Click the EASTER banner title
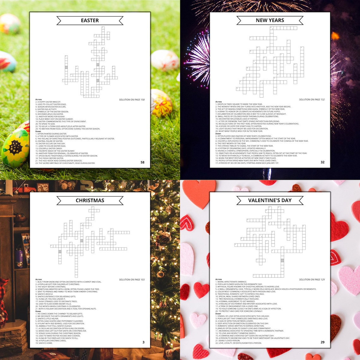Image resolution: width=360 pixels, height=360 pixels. point(90,21)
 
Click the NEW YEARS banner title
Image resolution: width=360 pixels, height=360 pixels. point(270,20)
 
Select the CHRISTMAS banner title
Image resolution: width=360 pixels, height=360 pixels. point(90,201)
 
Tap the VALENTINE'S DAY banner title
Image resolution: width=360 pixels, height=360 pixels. point(270,201)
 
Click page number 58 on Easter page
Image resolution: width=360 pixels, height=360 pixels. point(142,162)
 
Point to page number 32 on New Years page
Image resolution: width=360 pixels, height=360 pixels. point(322,162)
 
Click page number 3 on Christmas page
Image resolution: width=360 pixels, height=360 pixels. point(143,342)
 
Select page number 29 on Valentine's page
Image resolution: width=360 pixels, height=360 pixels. point(322,342)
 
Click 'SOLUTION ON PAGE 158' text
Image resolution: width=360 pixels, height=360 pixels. point(132,100)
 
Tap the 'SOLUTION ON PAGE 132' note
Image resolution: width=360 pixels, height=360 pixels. point(312,100)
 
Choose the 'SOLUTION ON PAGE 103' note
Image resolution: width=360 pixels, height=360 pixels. point(132,280)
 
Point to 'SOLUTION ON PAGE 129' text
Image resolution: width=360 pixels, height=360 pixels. point(312,280)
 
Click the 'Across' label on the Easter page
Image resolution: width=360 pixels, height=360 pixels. point(39,99)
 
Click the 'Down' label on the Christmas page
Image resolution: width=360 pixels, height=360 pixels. point(38,311)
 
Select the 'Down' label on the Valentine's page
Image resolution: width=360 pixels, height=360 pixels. point(218,314)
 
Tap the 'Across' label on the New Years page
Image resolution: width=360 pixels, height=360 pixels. point(219,102)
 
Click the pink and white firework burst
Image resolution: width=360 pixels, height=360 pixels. point(199,60)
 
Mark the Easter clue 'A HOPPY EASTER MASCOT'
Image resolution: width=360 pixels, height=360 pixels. point(49,102)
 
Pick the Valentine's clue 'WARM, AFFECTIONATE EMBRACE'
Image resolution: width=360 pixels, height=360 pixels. point(232,282)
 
